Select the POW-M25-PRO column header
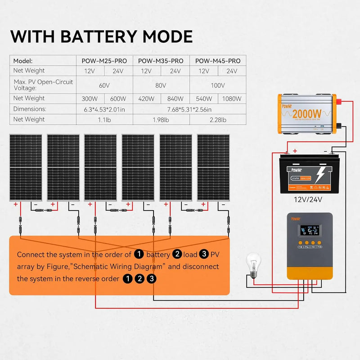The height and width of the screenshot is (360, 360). coord(104,61)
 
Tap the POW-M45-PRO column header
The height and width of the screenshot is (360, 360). coord(218,61)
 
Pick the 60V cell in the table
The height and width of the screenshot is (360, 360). coord(104,85)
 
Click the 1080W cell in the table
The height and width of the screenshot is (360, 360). coord(232,99)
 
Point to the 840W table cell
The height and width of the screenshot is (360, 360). coord(175,99)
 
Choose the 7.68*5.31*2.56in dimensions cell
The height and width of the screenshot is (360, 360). coord(189,109)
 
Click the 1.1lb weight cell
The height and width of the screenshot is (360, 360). coord(104,119)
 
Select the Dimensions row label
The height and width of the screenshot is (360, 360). coord(30,109)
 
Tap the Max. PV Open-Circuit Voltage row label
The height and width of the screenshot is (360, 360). coord(43,85)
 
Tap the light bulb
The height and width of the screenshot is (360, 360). coord(253,264)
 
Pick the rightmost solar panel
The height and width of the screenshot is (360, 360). coord(213,167)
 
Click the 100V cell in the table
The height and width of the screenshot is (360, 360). coord(218,85)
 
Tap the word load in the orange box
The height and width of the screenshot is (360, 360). coord(191,255)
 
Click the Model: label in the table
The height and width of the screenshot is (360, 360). coord(23,61)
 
